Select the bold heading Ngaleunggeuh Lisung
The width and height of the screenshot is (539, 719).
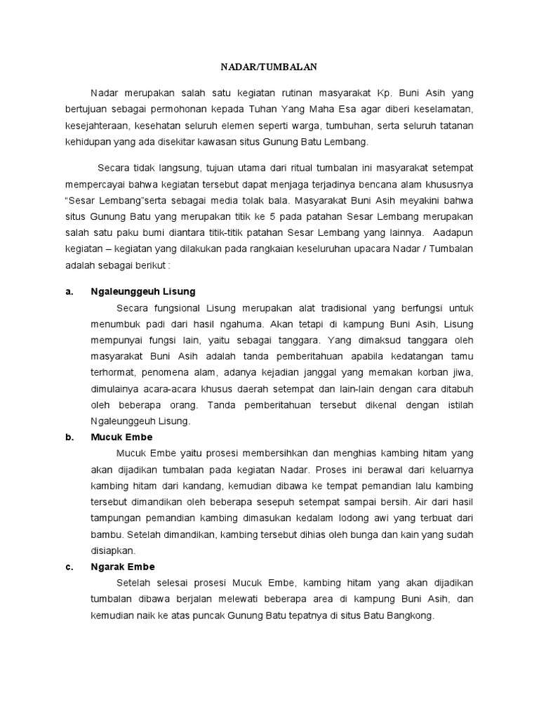(x=143, y=291)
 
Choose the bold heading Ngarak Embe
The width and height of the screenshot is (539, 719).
(x=123, y=567)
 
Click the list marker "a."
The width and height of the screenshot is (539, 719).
(x=69, y=291)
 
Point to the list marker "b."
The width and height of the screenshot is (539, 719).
(x=69, y=437)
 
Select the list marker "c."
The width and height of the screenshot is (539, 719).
(x=69, y=567)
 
